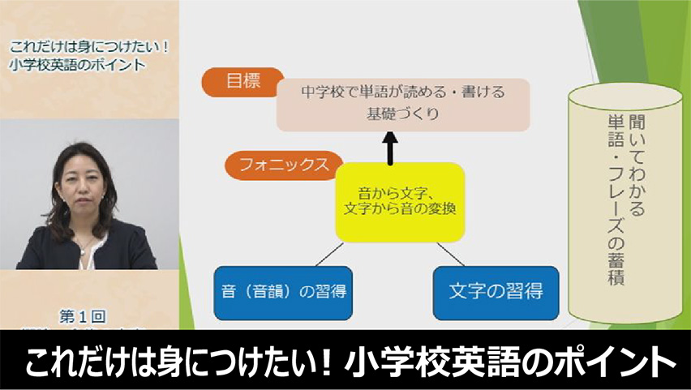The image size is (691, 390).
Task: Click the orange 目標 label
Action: (x=238, y=84)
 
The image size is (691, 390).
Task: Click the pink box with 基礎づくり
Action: (x=403, y=104)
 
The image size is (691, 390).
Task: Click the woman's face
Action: (x=82, y=185)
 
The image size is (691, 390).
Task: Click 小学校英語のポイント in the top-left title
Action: (x=79, y=65)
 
